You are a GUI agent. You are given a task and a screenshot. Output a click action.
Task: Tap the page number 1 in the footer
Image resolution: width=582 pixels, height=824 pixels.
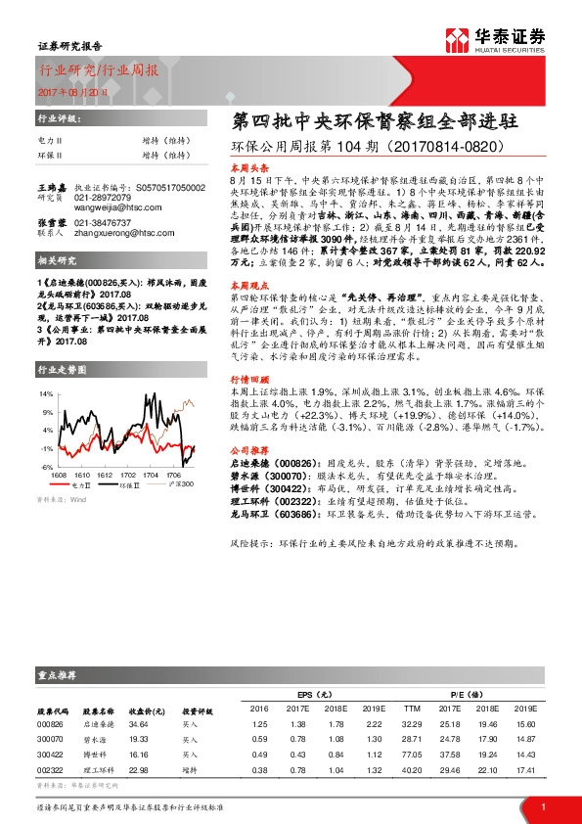tap(542, 805)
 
